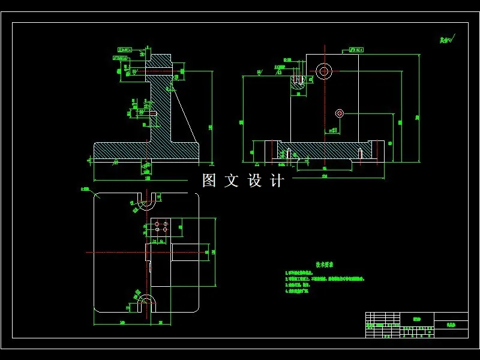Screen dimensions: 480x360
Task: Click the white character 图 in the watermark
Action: tap(209, 181)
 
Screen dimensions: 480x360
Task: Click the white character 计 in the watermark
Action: tap(277, 181)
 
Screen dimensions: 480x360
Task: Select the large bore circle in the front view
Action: tap(325, 71)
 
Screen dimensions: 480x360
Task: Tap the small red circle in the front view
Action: tap(339, 113)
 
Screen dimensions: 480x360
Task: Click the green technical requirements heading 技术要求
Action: tap(325, 264)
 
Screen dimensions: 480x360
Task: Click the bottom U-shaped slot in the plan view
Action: tap(146, 302)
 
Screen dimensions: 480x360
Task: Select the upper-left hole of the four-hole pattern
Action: tap(157, 223)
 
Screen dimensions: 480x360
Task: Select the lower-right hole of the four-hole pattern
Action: tap(165, 229)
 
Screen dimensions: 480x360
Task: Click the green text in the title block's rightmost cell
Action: tap(451, 322)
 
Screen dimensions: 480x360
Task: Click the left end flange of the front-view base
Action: tap(265, 150)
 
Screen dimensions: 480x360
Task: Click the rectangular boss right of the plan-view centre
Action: tap(184, 252)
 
